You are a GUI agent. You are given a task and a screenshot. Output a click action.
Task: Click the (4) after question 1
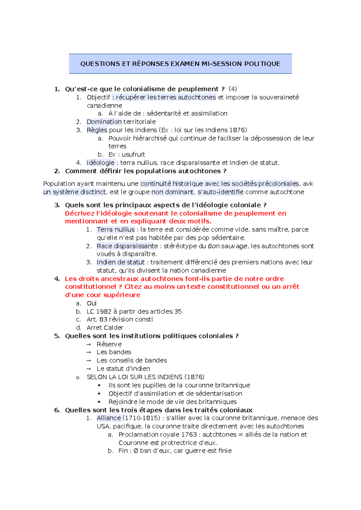point(233,89)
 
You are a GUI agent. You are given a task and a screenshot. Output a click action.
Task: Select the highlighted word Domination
point(104,122)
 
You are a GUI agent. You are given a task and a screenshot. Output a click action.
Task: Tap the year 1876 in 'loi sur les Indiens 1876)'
point(237,130)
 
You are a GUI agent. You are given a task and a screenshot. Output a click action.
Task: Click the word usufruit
point(133,155)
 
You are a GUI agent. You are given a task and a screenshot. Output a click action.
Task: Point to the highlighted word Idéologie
point(100,163)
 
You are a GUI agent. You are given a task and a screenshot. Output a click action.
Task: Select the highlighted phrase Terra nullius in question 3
point(116,230)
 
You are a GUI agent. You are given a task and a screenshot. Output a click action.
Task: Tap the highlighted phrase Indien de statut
point(120,262)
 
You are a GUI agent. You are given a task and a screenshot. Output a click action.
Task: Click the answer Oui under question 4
point(91,303)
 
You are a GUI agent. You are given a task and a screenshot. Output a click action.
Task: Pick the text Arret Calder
point(105,328)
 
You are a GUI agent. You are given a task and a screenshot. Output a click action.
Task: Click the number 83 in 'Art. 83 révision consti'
point(103,319)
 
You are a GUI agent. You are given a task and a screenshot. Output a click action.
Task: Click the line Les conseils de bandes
point(131,361)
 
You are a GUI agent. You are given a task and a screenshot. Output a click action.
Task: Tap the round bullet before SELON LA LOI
point(78,378)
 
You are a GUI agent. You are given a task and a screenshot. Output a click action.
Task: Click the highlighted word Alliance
point(109,418)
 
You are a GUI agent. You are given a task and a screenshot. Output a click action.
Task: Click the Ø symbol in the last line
point(136,451)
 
